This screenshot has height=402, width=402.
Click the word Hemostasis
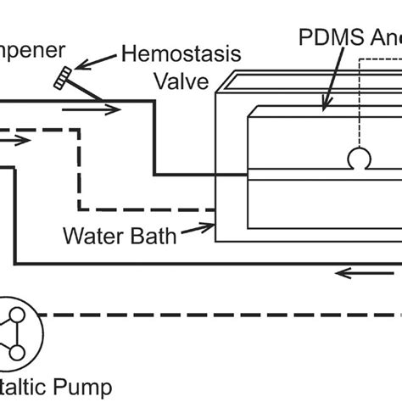[x=181, y=54]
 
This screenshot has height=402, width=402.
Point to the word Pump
[x=86, y=388]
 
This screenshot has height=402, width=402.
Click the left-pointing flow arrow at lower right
[x=356, y=273]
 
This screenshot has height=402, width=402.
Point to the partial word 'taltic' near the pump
[x=21, y=388]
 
